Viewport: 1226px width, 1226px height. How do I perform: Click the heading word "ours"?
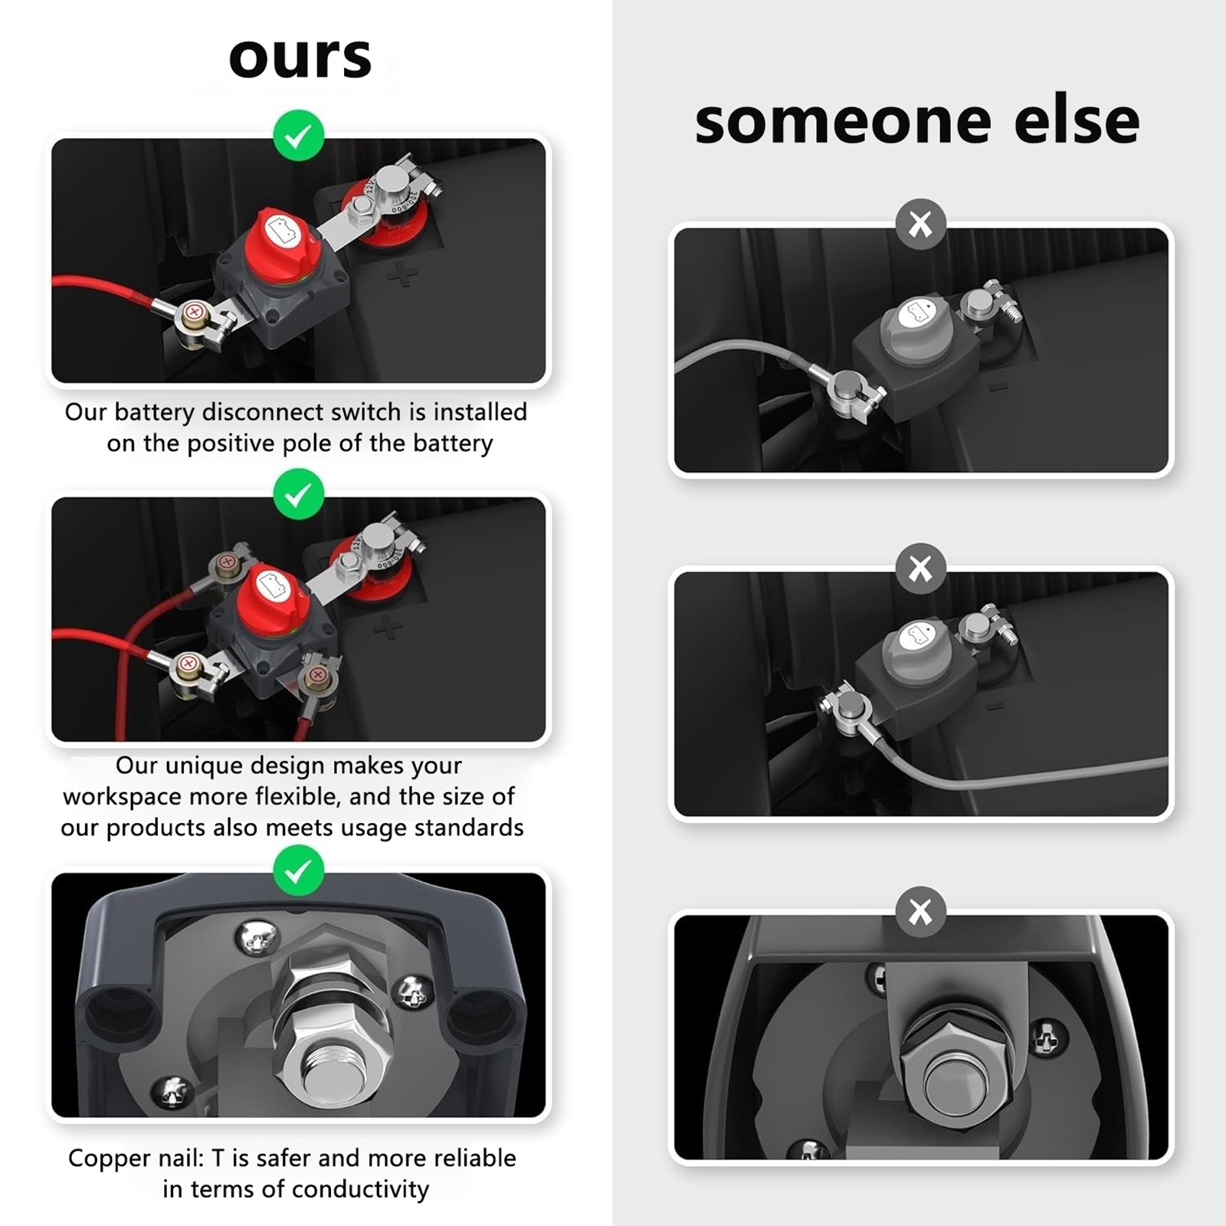300,57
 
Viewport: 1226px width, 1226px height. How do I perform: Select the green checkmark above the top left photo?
299,136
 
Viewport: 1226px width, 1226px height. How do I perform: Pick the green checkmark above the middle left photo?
299,494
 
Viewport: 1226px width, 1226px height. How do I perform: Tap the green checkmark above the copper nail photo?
299,870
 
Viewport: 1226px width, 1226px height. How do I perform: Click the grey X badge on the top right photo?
920,224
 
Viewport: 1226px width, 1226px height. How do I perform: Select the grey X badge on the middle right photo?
920,569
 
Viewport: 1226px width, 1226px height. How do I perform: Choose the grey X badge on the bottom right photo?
920,912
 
